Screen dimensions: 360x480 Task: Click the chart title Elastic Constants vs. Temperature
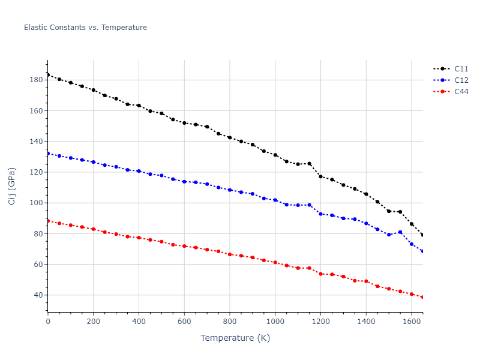click(85, 28)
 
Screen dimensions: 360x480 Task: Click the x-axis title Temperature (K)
click(235, 338)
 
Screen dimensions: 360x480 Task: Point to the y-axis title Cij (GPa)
click(12, 186)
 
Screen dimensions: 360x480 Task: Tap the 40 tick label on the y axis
click(37, 295)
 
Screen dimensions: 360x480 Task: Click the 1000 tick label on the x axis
click(275, 322)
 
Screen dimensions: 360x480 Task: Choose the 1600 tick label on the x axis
click(412, 322)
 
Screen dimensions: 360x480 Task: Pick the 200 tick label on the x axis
click(93, 322)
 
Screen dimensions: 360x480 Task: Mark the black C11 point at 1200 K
click(320, 176)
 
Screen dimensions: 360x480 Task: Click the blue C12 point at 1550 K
click(400, 232)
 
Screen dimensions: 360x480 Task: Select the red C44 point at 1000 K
click(275, 262)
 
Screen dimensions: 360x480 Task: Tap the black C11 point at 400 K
click(139, 106)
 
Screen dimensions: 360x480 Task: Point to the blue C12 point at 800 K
click(230, 190)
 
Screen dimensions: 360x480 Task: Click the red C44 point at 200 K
click(93, 229)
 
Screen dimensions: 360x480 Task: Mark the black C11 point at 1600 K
click(412, 224)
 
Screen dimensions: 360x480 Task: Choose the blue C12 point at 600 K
click(184, 181)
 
